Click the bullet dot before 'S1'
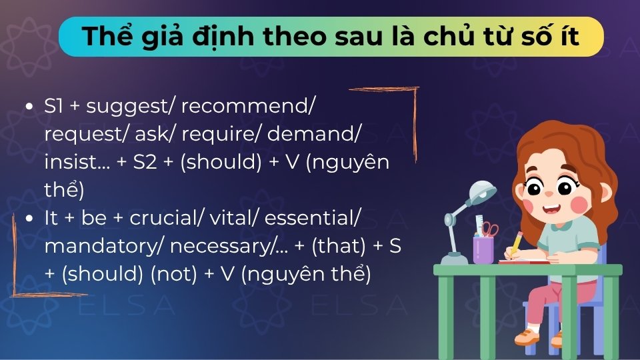(x=29, y=107)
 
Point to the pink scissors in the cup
(x=490, y=229)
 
